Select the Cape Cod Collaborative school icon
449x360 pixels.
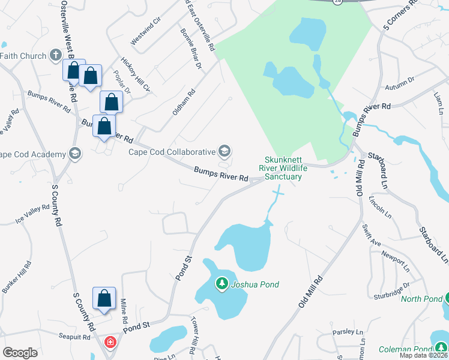pos(224,150)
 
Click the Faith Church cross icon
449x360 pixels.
pos(55,56)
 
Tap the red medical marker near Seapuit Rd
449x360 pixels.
pos(110,342)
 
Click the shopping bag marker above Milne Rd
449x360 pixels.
pos(104,298)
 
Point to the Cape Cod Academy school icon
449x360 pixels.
pos(75,154)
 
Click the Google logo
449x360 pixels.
pos(20,352)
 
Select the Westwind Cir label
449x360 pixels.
pos(146,29)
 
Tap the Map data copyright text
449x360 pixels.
pos(423,355)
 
